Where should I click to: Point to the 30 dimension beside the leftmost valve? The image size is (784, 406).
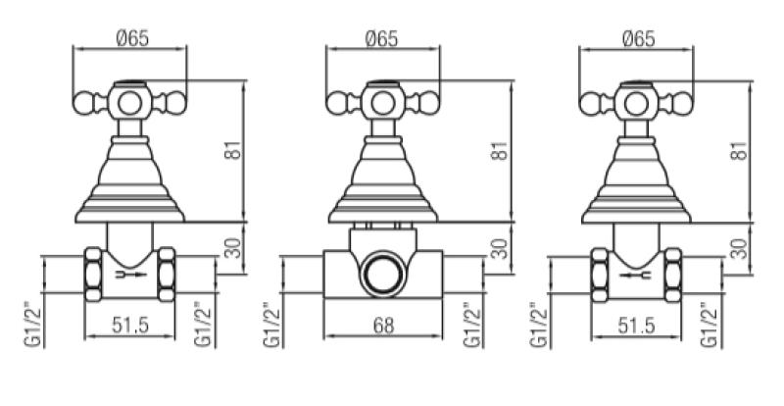pyautogui.click(x=232, y=248)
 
